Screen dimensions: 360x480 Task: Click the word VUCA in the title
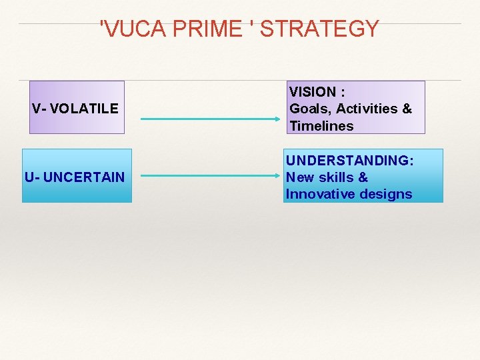131,29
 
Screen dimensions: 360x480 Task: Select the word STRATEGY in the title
320,29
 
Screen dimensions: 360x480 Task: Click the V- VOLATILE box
77,107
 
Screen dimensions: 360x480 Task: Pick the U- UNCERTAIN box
77,176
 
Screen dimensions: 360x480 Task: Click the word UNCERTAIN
83,177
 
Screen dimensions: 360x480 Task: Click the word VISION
312,91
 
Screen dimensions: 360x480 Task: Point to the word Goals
310,109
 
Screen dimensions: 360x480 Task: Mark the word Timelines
321,126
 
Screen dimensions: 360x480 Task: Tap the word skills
335,177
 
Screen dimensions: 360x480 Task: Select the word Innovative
318,195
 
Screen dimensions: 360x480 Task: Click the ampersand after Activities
407,109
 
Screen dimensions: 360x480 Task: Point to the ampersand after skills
363,177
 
